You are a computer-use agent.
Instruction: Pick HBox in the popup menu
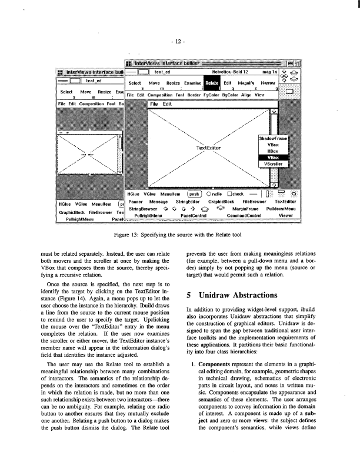(x=273, y=150)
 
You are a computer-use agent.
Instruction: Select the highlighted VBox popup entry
(x=273, y=158)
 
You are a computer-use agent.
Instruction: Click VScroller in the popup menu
(x=273, y=165)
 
